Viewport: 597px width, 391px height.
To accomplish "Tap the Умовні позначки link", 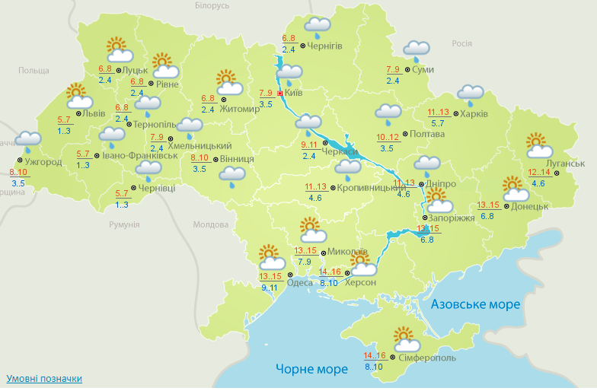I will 44,378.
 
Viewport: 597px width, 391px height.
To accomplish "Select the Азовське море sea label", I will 475,304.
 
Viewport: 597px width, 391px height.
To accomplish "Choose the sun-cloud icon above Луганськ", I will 538,145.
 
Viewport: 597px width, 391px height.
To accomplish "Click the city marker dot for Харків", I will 455,114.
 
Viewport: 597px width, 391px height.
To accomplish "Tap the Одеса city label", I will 299,284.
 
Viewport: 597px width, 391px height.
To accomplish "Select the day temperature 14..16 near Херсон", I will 330,272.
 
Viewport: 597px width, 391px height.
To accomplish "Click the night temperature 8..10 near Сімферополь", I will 374,367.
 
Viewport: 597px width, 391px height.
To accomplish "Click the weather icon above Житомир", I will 227,81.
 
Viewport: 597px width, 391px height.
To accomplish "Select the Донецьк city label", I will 530,206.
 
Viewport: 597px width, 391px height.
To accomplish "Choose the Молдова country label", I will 210,225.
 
